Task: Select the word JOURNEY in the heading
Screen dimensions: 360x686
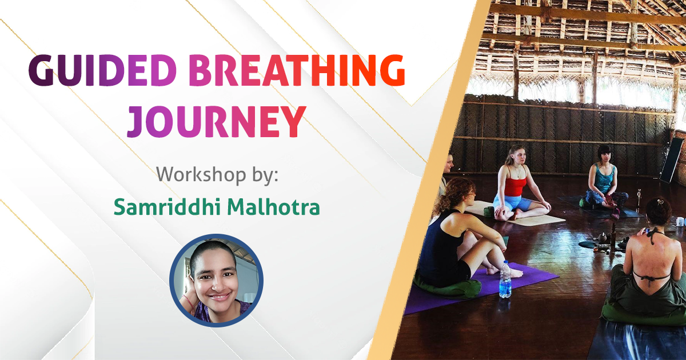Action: coord(214,121)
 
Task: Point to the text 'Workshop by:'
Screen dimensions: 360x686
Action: coord(217,173)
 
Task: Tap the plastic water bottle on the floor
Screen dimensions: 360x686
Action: coord(505,280)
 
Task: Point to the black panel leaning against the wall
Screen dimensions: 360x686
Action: coord(671,161)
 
